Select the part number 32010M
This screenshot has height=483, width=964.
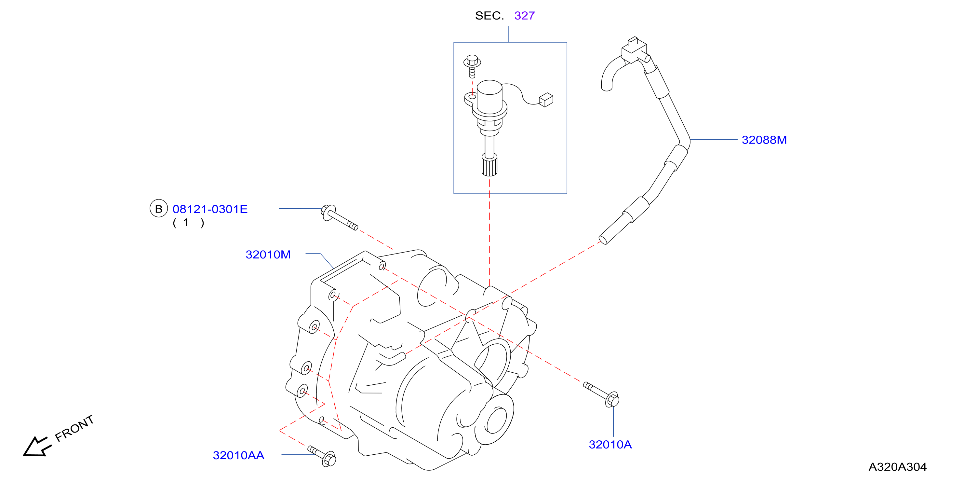pyautogui.click(x=268, y=255)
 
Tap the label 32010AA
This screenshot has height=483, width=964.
pyautogui.click(x=238, y=455)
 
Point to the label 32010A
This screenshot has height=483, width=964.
pyautogui.click(x=610, y=445)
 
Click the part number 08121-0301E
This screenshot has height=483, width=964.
pyautogui.click(x=210, y=209)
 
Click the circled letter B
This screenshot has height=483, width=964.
pyautogui.click(x=159, y=209)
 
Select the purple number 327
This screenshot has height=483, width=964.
pyautogui.click(x=524, y=16)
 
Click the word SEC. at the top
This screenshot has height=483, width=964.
pyautogui.click(x=489, y=16)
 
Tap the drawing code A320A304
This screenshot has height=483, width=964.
pyautogui.click(x=897, y=467)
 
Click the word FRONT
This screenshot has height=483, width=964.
pyautogui.click(x=74, y=428)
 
